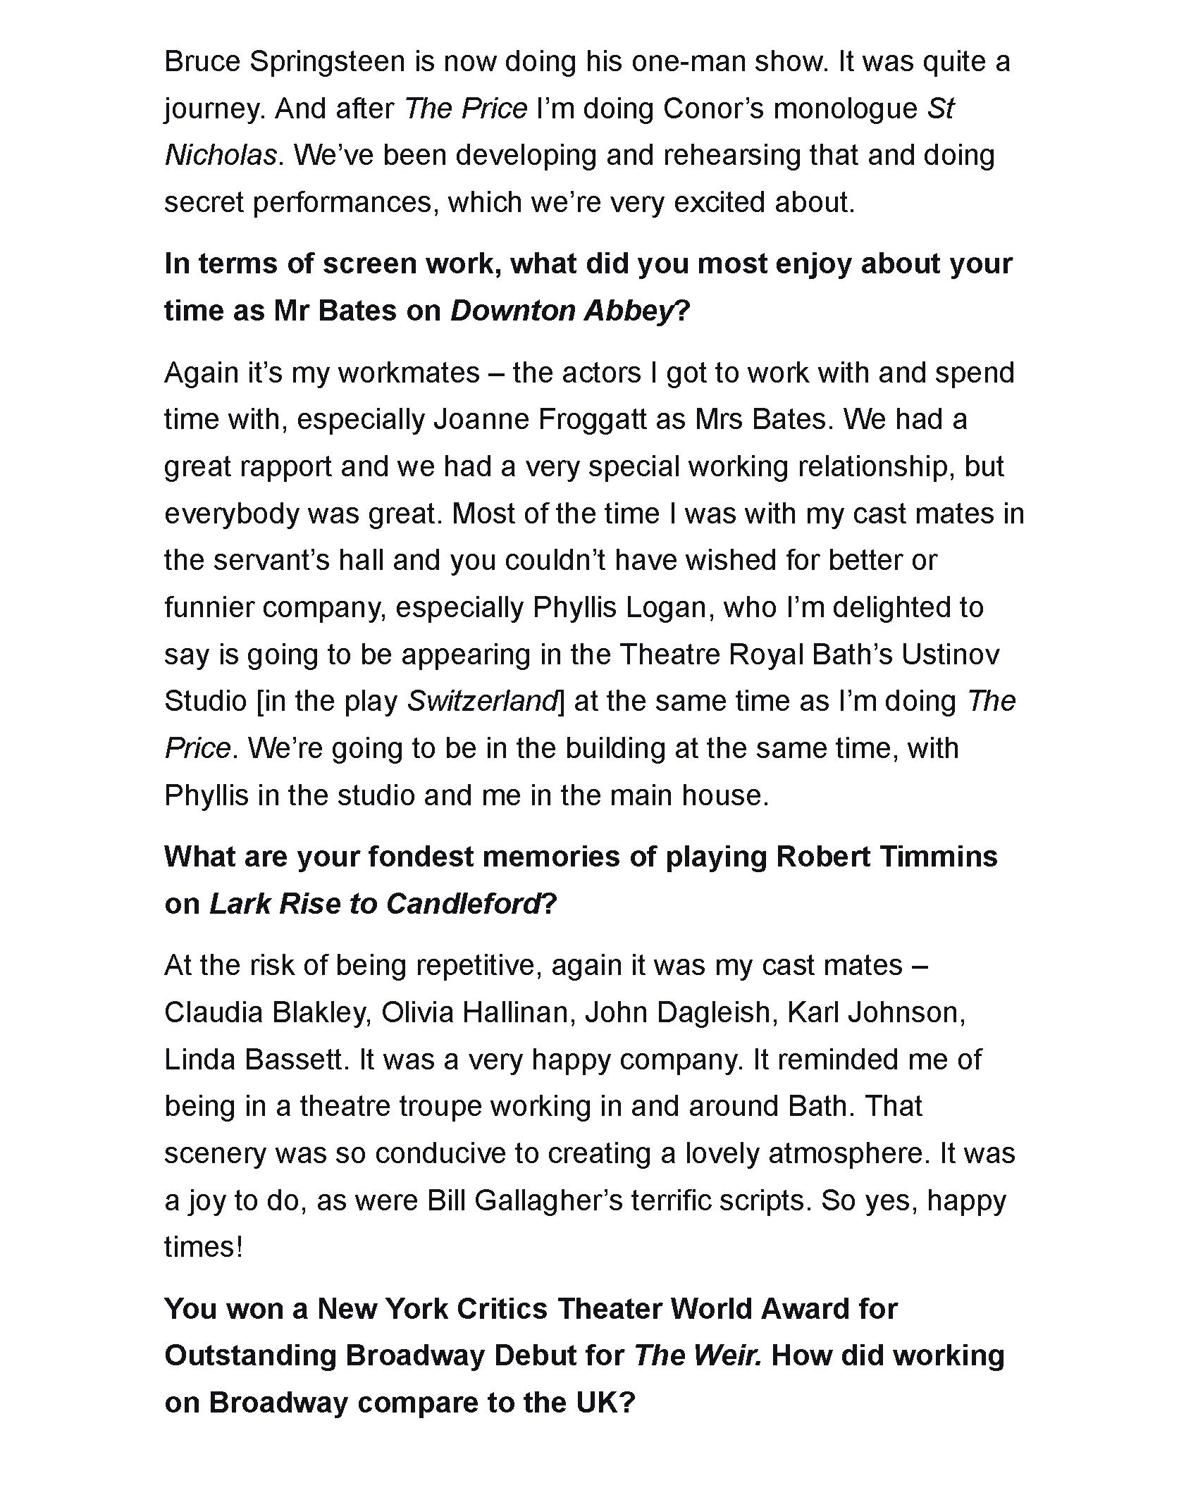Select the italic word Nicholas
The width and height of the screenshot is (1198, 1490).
[220, 156]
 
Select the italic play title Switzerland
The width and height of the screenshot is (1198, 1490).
[483, 702]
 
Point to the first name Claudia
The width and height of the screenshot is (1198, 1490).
[213, 1012]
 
